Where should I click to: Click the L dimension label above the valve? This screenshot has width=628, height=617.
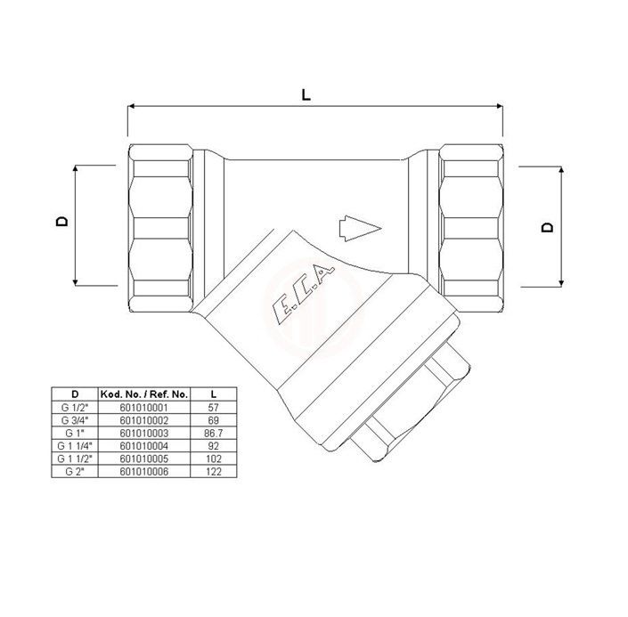[306, 95]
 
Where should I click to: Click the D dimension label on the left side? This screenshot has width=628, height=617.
[62, 222]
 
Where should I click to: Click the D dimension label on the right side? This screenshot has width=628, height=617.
[547, 227]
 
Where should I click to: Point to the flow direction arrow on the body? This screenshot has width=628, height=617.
[360, 229]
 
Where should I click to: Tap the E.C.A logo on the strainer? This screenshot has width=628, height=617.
[303, 294]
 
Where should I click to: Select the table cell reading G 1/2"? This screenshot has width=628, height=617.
[75, 408]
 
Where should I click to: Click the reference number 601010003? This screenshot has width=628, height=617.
[144, 434]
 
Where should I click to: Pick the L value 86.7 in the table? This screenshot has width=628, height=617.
[214, 434]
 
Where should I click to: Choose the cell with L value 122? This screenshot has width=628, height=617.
[214, 472]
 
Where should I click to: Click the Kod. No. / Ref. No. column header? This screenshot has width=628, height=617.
[144, 394]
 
